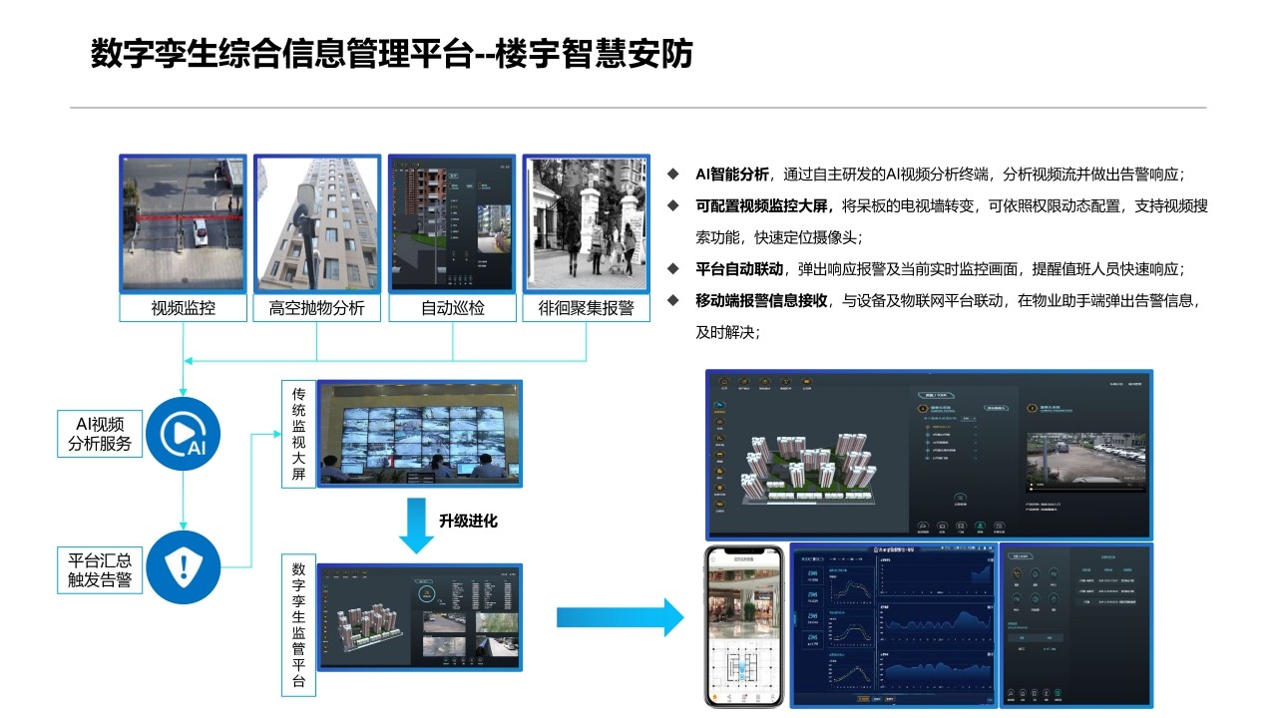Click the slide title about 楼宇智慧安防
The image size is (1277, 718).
coord(391,54)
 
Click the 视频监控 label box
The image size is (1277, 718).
coord(184,308)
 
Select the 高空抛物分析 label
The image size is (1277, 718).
coord(317,308)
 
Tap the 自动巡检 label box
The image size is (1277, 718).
coord(452,308)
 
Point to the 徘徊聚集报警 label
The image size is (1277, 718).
coord(587,308)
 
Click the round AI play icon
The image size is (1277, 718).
coord(183,434)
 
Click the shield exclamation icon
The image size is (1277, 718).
coord(183,567)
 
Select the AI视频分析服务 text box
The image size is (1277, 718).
coord(100,434)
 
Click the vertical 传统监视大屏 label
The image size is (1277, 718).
coord(298,433)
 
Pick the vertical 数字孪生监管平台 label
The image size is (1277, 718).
coord(298,625)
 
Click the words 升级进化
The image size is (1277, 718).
coord(468,521)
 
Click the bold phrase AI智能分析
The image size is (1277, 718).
coord(732,175)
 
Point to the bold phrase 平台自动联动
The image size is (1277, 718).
coord(739,269)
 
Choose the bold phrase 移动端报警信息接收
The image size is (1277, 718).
coord(761,300)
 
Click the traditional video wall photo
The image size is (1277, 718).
coord(419,433)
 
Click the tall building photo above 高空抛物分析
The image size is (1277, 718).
coord(317,223)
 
